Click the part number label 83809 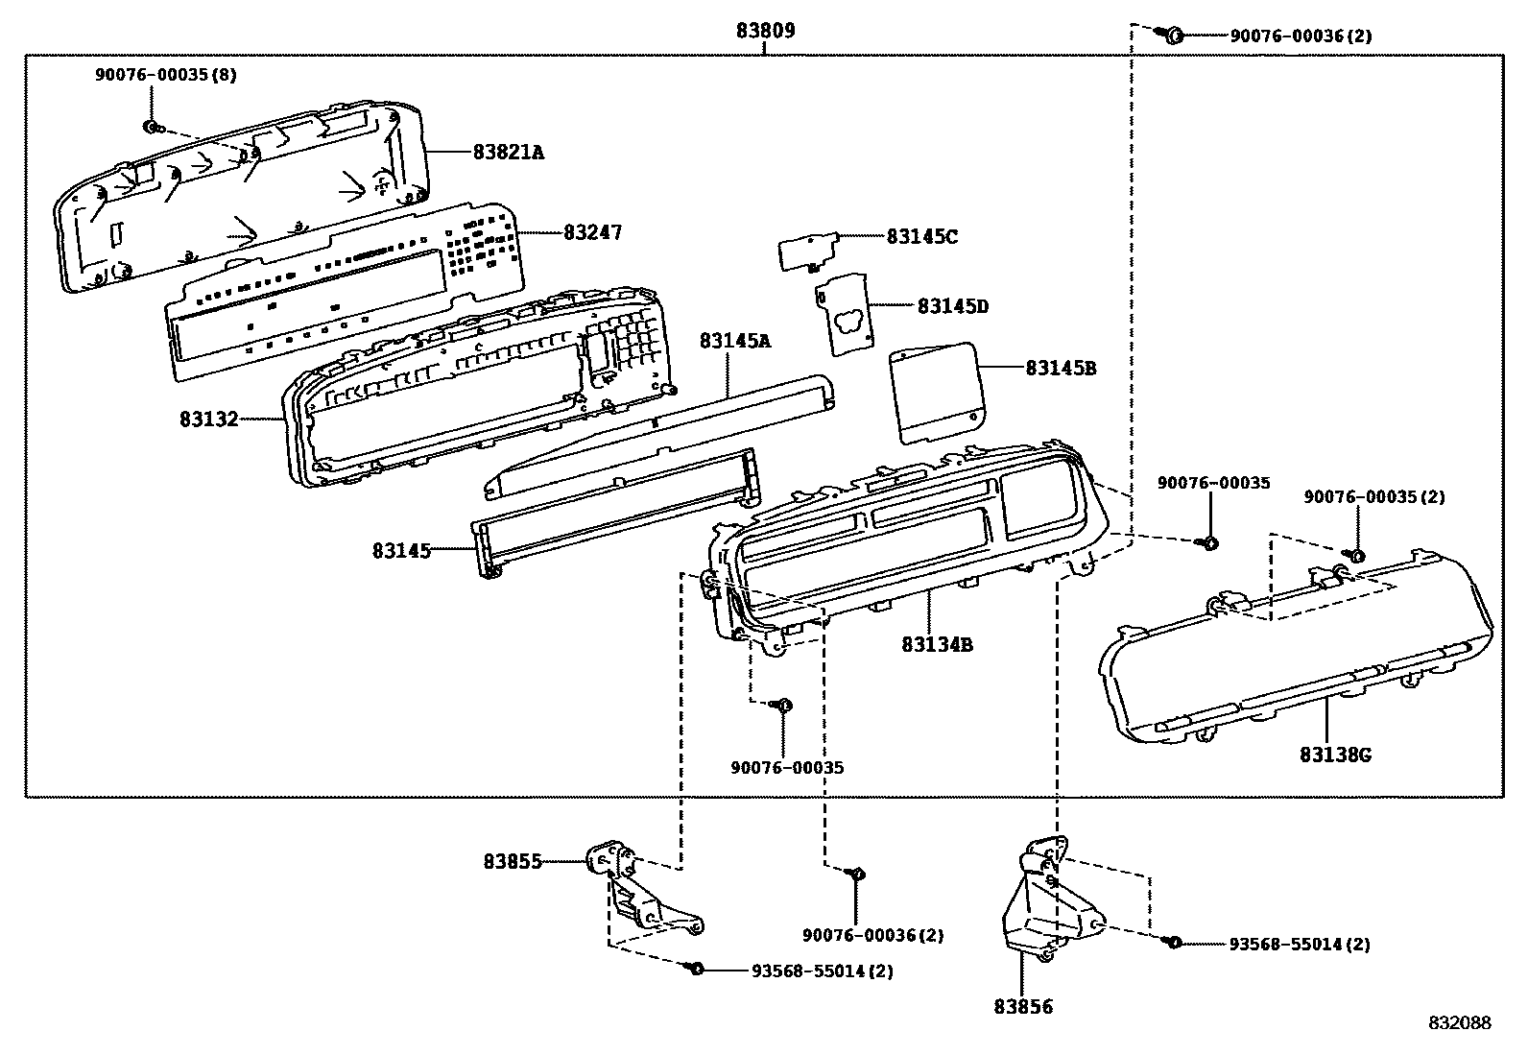(x=765, y=31)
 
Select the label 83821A (x=509, y=153)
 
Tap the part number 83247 (x=593, y=232)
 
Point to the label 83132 (x=208, y=419)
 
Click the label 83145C (x=922, y=237)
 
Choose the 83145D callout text (x=953, y=306)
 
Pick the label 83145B (x=1062, y=369)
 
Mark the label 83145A (x=734, y=341)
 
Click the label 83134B (x=938, y=644)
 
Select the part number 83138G (x=1335, y=755)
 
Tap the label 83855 (x=513, y=862)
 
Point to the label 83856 (x=1023, y=1007)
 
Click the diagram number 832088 (x=1460, y=1022)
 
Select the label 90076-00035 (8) (x=166, y=74)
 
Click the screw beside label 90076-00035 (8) (x=152, y=127)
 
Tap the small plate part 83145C (x=808, y=252)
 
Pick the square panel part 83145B (x=939, y=393)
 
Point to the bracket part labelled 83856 (x=1051, y=899)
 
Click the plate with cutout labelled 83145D (x=845, y=315)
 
